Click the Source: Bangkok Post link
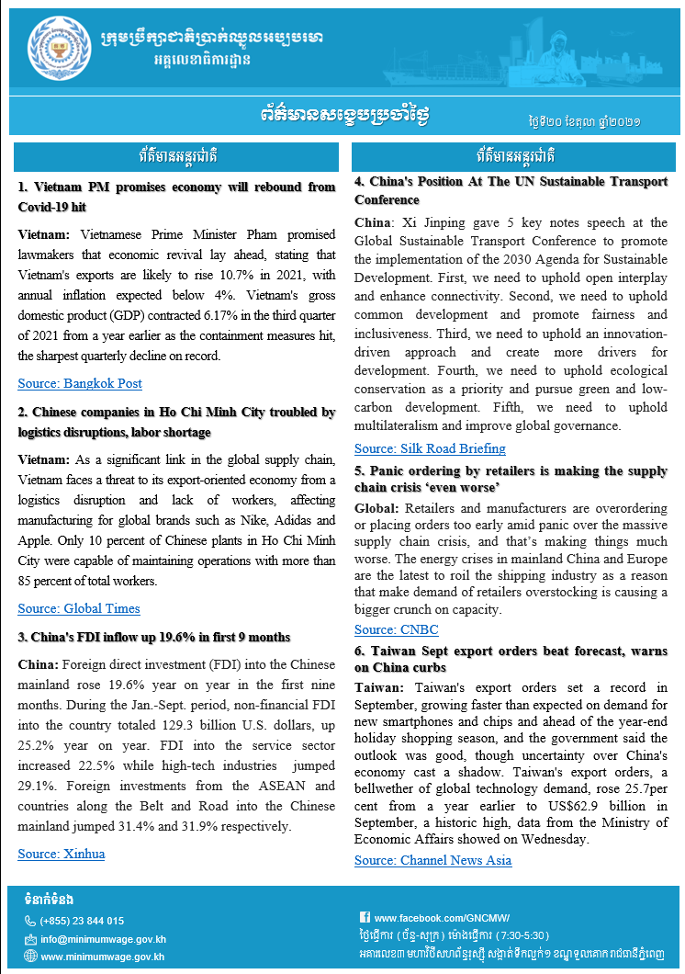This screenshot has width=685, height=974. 80,383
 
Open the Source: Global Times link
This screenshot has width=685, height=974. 79,608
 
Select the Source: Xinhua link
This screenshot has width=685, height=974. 62,854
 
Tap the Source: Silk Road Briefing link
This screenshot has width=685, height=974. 430,448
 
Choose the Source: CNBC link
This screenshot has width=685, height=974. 397,629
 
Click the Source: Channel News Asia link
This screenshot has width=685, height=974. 432,860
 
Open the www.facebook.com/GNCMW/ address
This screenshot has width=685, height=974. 442,917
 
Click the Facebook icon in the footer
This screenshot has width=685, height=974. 365,917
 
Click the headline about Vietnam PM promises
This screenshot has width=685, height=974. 176,197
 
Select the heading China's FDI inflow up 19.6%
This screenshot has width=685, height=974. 154,637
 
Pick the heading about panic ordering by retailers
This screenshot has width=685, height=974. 511,478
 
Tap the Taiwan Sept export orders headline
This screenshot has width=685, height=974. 511,659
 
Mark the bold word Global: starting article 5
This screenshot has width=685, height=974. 376,508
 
